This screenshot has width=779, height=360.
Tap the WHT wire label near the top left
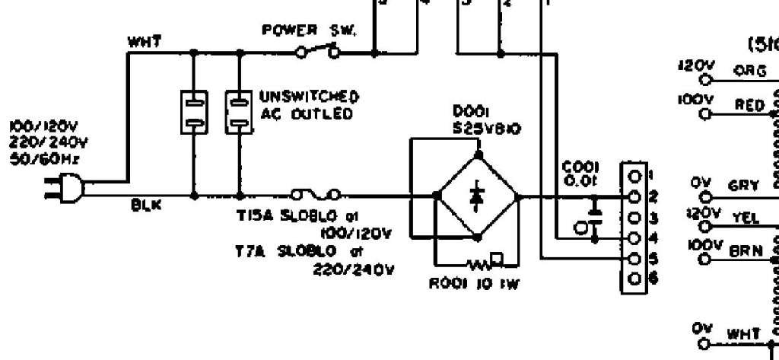145,42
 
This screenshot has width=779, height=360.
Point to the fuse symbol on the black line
315,196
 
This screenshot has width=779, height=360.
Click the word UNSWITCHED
309,97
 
